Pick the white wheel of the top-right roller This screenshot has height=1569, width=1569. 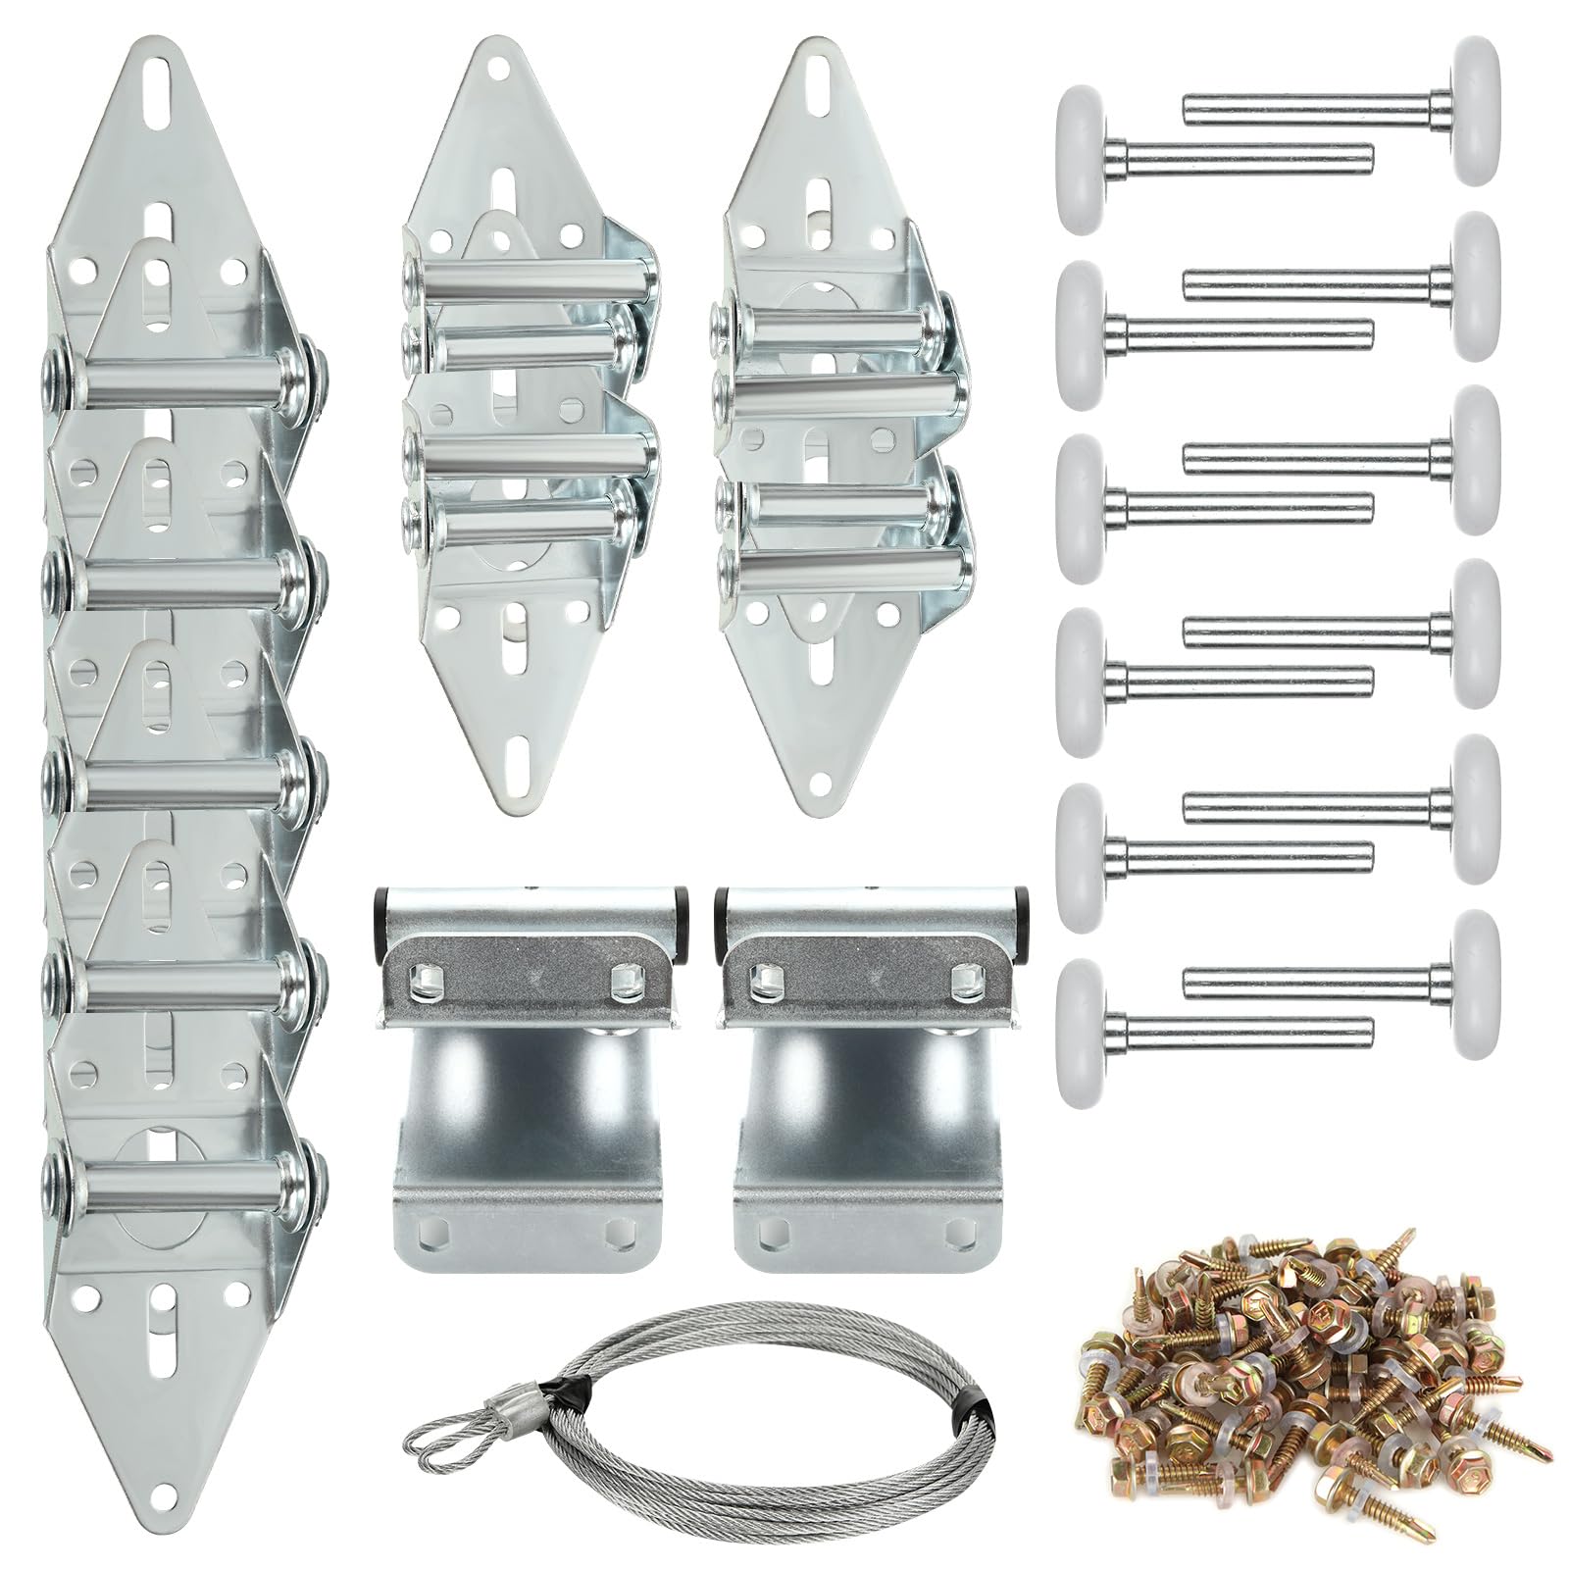click(1477, 108)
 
